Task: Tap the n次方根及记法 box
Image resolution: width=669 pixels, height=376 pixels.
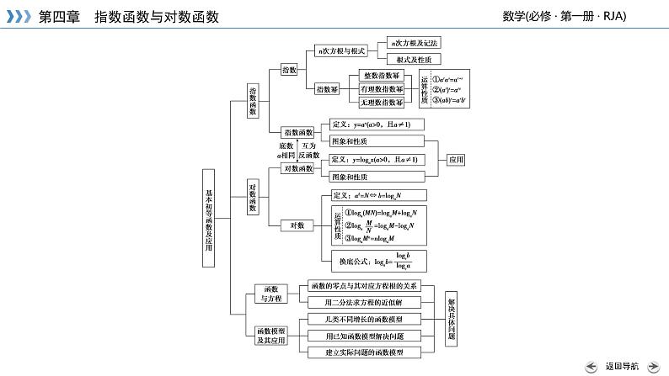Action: [414, 42]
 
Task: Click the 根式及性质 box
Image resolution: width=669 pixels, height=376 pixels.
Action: [414, 60]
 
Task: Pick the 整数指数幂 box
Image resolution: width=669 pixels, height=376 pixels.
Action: [381, 75]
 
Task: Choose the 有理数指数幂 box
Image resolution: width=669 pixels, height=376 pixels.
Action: [381, 88]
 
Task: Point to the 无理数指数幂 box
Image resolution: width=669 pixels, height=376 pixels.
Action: [381, 102]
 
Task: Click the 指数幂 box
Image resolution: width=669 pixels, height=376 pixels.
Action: [327, 88]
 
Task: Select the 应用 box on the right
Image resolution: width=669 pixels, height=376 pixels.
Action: [456, 159]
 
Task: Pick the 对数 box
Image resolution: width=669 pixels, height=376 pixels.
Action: [297, 225]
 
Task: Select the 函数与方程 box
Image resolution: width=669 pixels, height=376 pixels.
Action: [270, 294]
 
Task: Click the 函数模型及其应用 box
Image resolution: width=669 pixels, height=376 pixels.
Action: [270, 336]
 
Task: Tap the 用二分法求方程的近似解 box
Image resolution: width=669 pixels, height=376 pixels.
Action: [363, 302]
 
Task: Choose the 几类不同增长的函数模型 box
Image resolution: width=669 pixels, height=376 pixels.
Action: [363, 319]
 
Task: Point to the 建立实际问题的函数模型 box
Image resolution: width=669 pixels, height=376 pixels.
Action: [363, 352]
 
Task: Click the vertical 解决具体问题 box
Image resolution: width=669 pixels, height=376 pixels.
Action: [452, 319]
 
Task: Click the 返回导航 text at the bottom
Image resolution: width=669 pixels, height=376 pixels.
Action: [622, 366]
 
